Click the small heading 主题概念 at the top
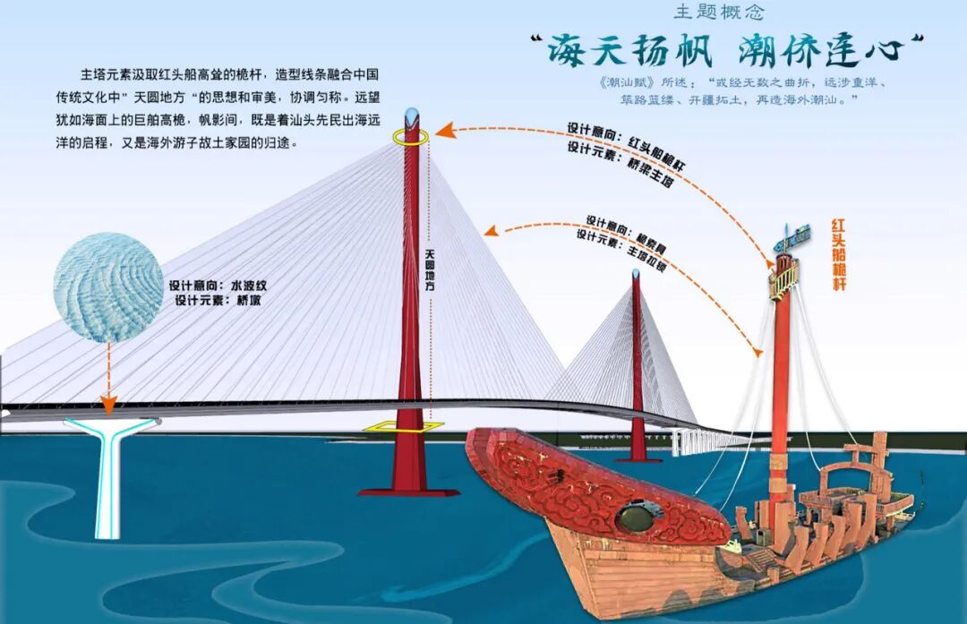719,13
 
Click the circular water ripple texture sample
107,286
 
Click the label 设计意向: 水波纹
218,286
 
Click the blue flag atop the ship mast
794,235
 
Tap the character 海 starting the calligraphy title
571,52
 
